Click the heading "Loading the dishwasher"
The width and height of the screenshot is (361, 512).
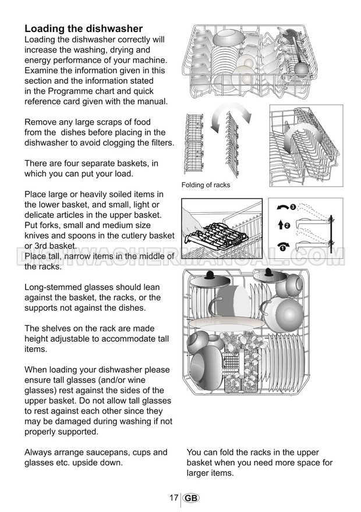[83, 29]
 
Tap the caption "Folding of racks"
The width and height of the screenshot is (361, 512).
[206, 185]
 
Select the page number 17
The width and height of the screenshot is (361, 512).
[174, 498]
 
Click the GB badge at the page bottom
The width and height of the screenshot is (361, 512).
[190, 499]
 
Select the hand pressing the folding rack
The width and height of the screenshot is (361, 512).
[195, 224]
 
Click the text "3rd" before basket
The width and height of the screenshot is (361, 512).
[44, 246]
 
